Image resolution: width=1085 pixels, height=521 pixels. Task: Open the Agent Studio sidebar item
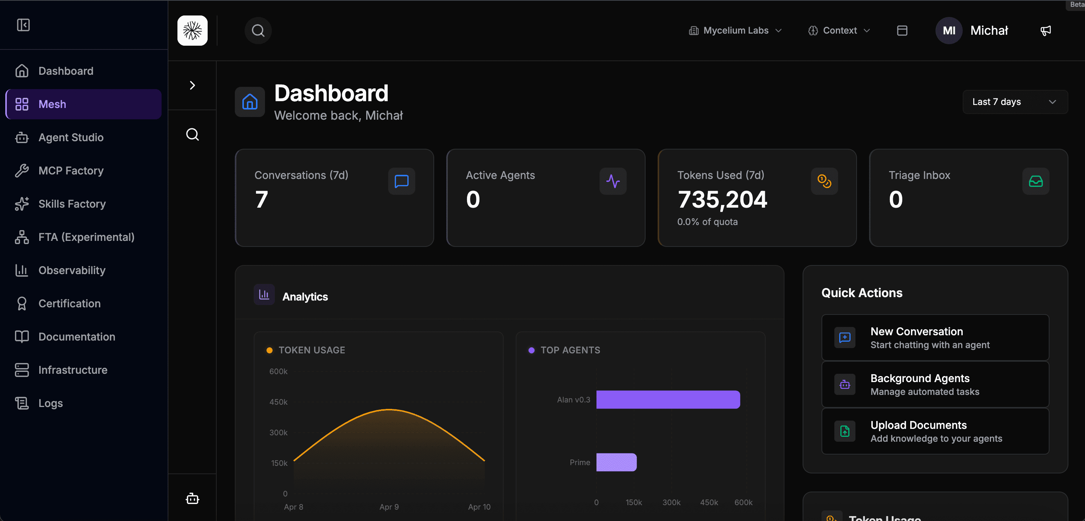(70, 137)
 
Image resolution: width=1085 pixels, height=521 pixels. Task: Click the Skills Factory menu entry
(72, 204)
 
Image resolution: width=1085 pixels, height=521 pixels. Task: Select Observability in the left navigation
(72, 270)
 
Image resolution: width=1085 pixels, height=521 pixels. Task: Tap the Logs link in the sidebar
(50, 403)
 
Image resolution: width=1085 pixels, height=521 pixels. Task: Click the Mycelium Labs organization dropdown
(735, 31)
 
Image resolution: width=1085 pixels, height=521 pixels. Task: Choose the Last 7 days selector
(1015, 102)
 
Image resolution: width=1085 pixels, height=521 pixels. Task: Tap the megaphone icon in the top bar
(1045, 31)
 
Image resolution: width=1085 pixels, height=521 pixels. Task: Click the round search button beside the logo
(258, 31)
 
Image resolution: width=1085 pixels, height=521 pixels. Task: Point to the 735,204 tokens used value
(722, 200)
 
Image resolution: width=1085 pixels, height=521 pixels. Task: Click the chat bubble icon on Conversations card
(401, 182)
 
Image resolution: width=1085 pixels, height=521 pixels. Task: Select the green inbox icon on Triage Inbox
(1035, 182)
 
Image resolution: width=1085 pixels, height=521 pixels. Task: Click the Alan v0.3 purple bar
(667, 399)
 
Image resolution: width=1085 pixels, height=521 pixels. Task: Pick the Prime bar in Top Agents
(616, 462)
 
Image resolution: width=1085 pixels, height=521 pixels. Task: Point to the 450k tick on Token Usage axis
(278, 402)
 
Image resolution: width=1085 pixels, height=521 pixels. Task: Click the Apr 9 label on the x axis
(388, 507)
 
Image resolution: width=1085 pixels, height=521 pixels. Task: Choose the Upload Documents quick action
(935, 431)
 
